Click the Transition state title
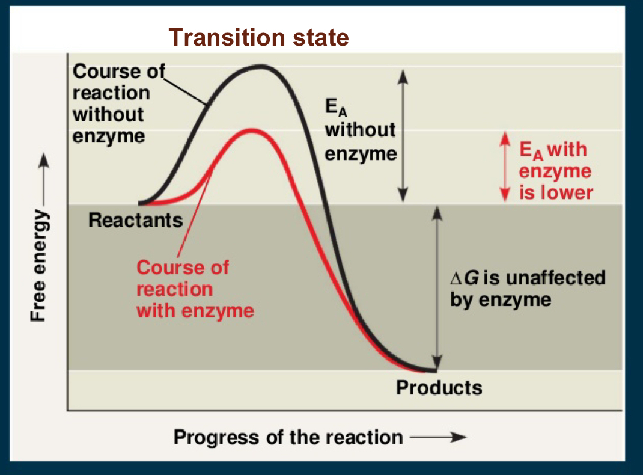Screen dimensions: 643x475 (259, 37)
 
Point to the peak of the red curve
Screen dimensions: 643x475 (251, 130)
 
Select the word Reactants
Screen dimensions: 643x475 (135, 220)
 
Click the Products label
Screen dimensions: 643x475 (439, 388)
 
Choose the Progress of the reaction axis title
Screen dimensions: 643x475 (288, 437)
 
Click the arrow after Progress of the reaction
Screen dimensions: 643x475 (437, 437)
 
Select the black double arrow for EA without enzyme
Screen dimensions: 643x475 (404, 135)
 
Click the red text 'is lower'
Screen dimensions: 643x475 (556, 192)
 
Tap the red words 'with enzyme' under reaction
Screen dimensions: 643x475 (195, 311)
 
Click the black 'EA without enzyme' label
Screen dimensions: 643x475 (360, 131)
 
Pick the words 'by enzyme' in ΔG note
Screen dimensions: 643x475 (500, 299)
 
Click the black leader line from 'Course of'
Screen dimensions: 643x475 (186, 90)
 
